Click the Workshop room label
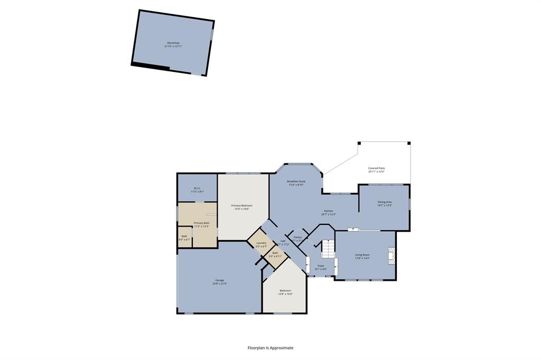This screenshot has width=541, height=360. (x=173, y=43)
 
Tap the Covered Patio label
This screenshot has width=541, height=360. (x=376, y=168)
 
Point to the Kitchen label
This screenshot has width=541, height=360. (x=329, y=211)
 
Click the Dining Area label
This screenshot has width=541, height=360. (x=384, y=202)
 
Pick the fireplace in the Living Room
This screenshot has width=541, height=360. (x=391, y=255)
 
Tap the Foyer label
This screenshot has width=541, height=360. (x=321, y=266)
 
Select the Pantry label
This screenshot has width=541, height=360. (x=297, y=237)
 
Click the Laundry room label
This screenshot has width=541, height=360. (x=261, y=243)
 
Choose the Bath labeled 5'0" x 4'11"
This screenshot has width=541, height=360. (x=275, y=254)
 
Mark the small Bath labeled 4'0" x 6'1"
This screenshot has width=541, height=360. (x=184, y=238)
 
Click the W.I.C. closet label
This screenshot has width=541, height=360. (x=197, y=188)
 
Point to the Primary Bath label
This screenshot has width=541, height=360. (x=201, y=223)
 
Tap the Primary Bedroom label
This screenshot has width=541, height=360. (x=241, y=205)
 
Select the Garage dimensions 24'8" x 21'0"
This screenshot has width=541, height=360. (x=219, y=283)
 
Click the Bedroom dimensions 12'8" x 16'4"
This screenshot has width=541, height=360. (x=285, y=294)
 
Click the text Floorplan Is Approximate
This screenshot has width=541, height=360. (x=270, y=348)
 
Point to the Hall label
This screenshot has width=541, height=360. (x=283, y=241)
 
